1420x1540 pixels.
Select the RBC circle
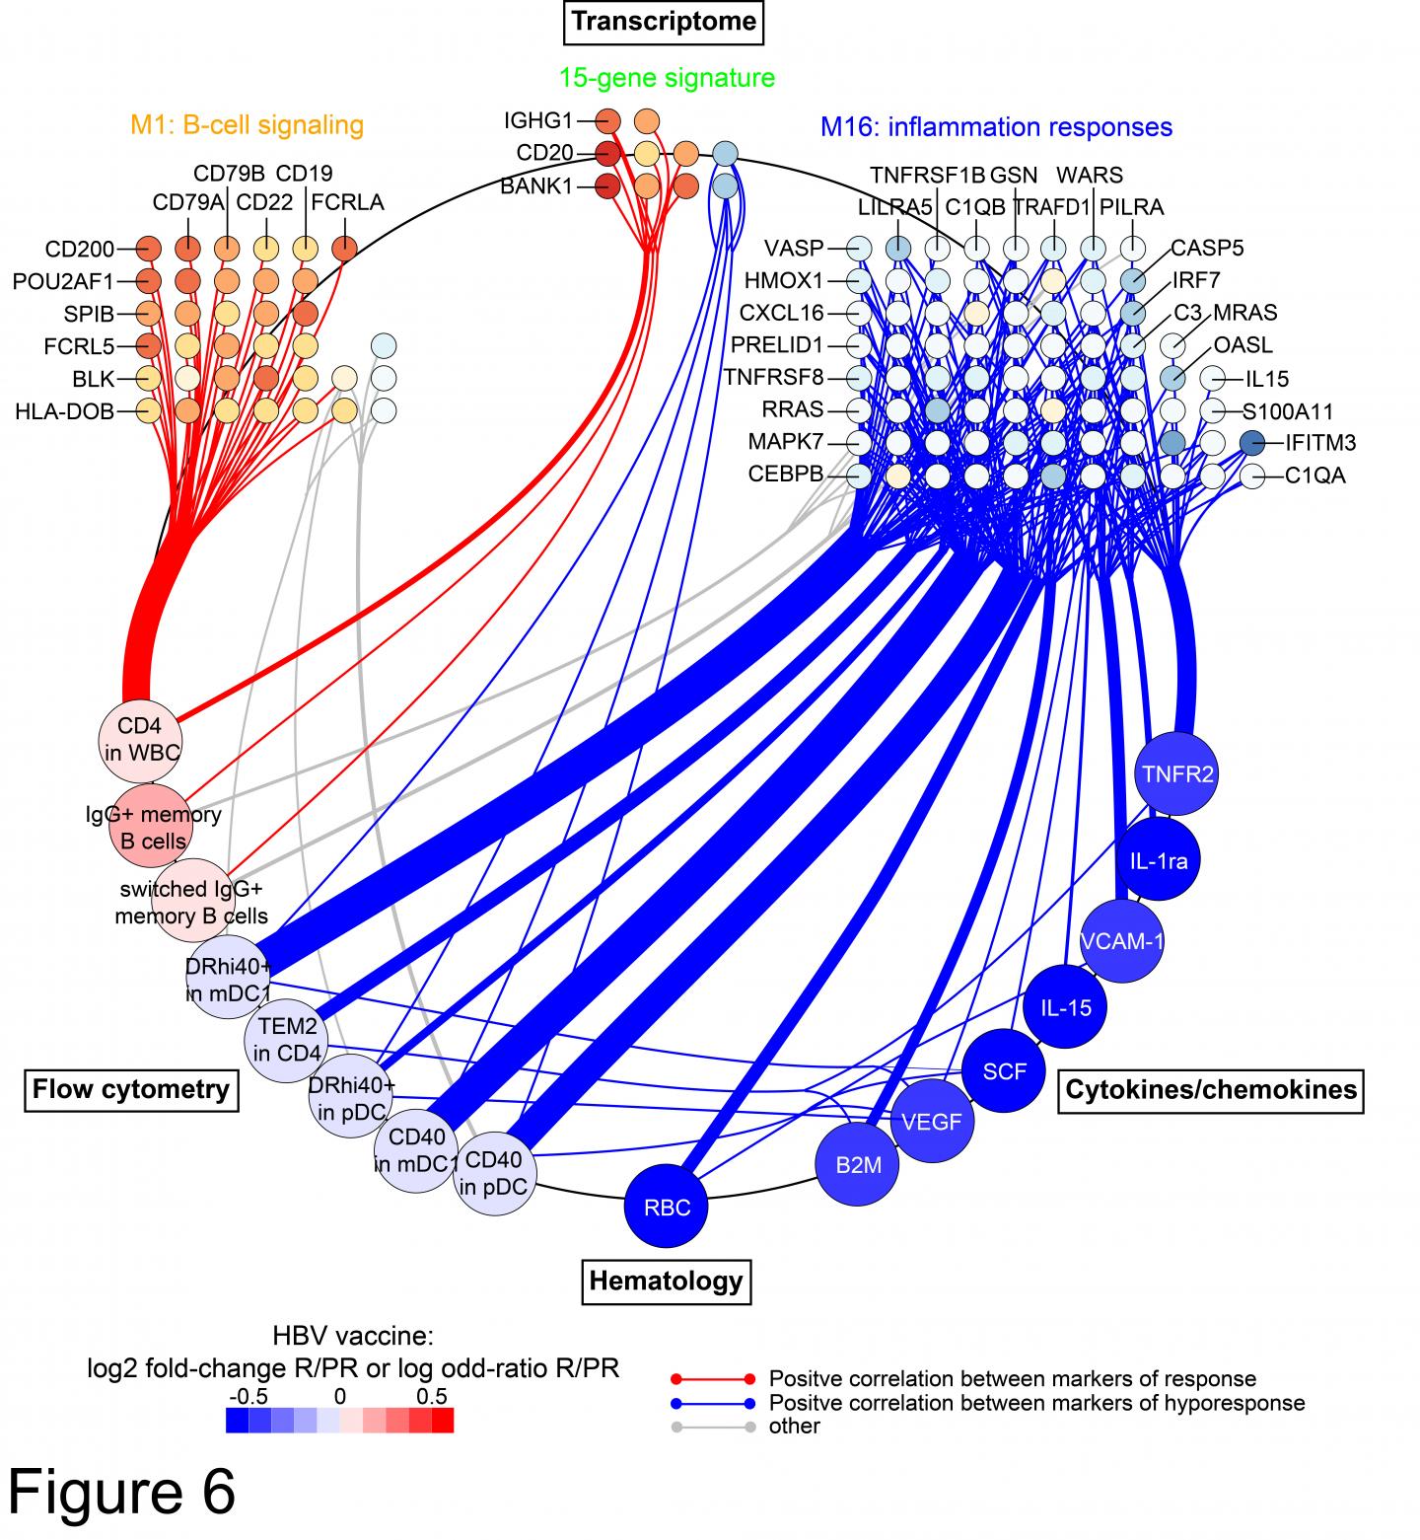(x=667, y=1207)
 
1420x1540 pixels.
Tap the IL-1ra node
(x=1158, y=859)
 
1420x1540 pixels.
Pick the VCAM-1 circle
(x=1122, y=940)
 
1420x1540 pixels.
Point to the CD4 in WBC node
(x=139, y=740)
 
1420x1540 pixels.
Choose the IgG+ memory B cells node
(x=151, y=827)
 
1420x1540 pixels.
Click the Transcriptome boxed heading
(x=665, y=22)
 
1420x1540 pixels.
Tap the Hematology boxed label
(x=666, y=1281)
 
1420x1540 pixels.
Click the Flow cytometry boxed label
(x=131, y=1089)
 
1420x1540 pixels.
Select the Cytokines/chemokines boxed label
(x=1210, y=1089)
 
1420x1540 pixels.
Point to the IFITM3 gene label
(x=1320, y=443)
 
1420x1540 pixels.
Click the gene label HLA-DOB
(x=64, y=411)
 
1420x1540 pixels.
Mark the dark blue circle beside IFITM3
(x=1252, y=443)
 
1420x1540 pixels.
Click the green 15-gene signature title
(x=667, y=77)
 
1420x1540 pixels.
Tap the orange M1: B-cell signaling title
(x=247, y=125)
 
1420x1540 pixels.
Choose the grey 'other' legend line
(x=710, y=1427)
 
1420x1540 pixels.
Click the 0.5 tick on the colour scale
(x=432, y=1396)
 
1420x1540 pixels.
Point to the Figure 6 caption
(x=123, y=1492)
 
